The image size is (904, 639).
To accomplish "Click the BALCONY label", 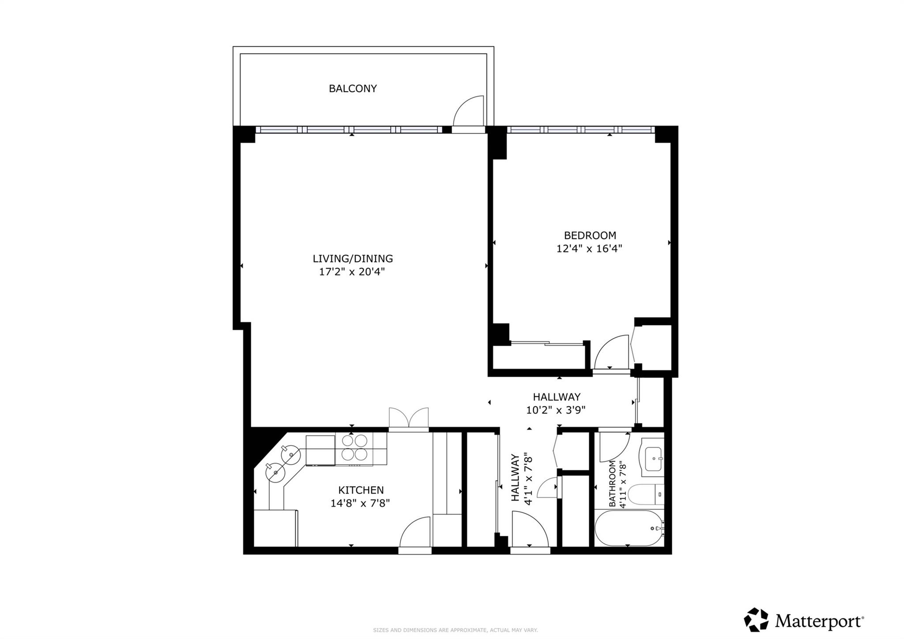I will [353, 88].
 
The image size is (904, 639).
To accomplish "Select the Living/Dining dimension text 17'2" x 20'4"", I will [352, 272].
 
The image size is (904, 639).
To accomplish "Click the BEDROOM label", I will [590, 235].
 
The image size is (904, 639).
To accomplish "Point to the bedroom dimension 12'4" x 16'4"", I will [589, 249].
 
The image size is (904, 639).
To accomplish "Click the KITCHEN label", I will [361, 490].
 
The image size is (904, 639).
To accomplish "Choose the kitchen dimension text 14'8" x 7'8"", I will [360, 503].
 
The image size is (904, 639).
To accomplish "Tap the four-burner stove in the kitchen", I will [355, 448].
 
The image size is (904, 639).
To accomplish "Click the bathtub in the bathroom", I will [629, 528].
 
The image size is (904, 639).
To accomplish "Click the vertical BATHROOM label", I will [612, 484].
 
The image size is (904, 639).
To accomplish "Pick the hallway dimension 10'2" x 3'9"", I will [556, 410].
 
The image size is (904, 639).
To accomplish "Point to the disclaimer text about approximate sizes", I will [455, 630].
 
